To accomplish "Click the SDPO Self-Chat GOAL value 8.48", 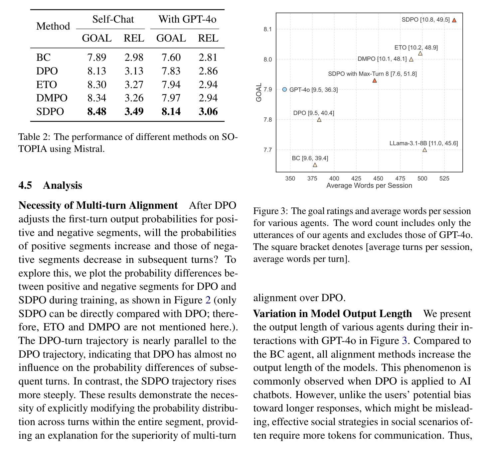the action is point(97,112).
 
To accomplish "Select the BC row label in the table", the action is point(43,57).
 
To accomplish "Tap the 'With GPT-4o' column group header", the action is point(187,19).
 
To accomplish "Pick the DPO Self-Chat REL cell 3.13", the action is point(134,71).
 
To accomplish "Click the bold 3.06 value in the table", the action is point(208,112).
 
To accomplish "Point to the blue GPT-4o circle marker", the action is point(284,89).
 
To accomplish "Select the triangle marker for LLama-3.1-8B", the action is point(425,150).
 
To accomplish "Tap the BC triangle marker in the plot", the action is point(315,165).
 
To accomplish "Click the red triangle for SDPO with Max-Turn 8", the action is point(375,80).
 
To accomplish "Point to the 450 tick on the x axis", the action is point(378,178).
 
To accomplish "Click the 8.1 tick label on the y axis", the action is point(267,29).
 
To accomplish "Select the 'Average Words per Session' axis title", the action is point(369,185).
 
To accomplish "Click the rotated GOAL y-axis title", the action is point(259,92).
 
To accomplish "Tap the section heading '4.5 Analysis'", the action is point(50,185).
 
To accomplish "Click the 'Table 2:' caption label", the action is point(34,137).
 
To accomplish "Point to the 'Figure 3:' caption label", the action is point(270,211).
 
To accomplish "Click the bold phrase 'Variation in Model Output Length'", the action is point(332,314).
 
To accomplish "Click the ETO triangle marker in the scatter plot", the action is point(420,54).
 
